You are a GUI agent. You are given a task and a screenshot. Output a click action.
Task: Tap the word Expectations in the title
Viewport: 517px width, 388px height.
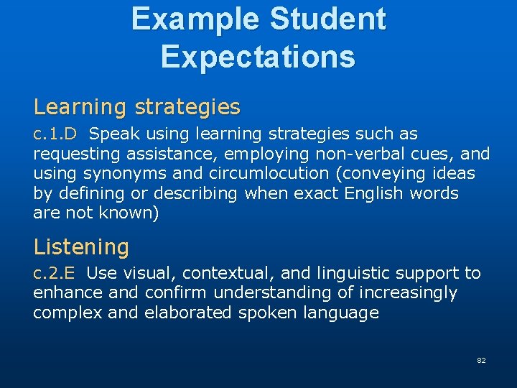(x=258, y=56)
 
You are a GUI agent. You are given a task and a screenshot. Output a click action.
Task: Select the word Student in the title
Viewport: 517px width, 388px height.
(x=329, y=19)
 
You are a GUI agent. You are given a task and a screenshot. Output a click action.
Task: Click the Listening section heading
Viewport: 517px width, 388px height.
(x=81, y=247)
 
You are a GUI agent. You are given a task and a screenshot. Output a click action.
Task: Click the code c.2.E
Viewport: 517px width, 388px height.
(x=58, y=273)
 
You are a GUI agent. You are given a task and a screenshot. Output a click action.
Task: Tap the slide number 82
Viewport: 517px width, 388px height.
(x=481, y=360)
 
